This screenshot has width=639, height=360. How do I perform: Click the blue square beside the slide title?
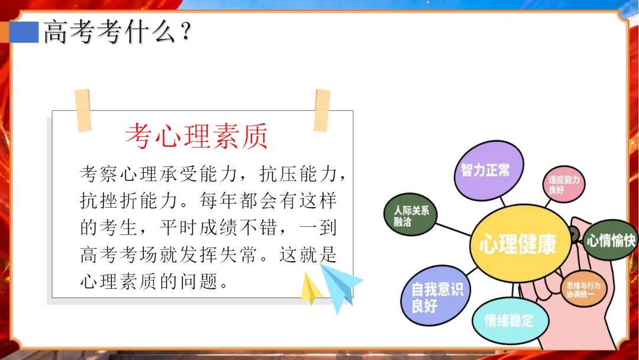pos(24,32)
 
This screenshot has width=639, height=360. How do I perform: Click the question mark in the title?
pos(186,31)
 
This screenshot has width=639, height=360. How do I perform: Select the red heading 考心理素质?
pos(196,136)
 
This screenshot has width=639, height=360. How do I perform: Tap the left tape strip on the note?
pos(83,111)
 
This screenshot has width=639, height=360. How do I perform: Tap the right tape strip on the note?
pos(322,111)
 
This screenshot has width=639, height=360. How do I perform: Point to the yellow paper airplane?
pos(311,289)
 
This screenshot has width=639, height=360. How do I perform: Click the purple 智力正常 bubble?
pos(489,171)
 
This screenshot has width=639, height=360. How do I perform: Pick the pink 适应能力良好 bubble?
pos(564,184)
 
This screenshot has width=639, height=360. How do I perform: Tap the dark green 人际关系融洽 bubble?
pos(411,214)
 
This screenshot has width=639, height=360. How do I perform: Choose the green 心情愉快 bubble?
pos(610,240)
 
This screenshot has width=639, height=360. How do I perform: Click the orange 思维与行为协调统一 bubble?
pos(583,289)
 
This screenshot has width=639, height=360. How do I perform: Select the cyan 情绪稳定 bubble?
pos(509,320)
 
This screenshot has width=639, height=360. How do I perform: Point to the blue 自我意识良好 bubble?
pos(435,295)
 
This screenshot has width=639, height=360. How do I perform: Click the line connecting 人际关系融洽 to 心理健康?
pos(453,229)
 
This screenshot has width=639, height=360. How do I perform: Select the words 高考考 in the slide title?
pos(83,32)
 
